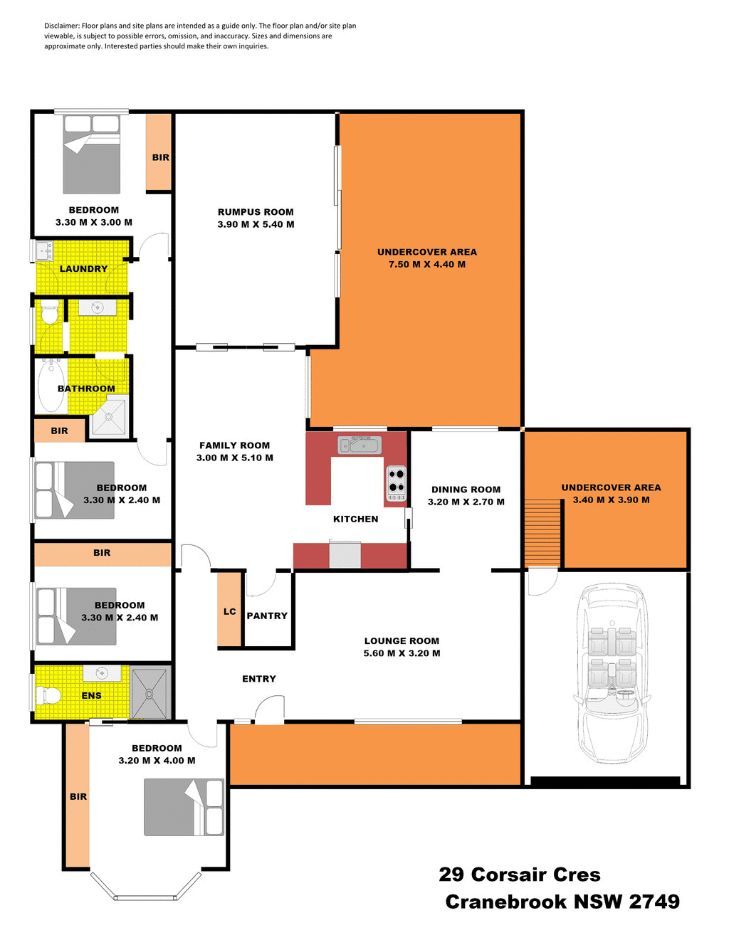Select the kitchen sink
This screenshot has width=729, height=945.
pos(360,445)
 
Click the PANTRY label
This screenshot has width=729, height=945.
pos(267,616)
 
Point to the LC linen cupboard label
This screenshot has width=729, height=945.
pos(229,611)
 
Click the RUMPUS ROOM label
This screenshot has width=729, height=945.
pos(256,212)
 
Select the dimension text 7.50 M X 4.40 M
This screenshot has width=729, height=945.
pos(426,265)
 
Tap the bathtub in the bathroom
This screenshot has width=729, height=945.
pos(51,386)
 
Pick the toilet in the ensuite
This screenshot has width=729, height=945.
pos(49,695)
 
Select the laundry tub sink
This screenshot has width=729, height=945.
pos(45,251)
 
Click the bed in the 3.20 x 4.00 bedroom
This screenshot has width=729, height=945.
pos(184,807)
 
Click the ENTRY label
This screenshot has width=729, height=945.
pos(259,679)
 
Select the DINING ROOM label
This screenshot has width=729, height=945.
pos(466,490)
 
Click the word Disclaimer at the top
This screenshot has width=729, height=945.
pos(62,26)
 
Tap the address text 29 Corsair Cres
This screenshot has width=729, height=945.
pos(519,875)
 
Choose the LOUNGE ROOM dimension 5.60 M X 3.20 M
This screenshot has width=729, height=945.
pos(402,653)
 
